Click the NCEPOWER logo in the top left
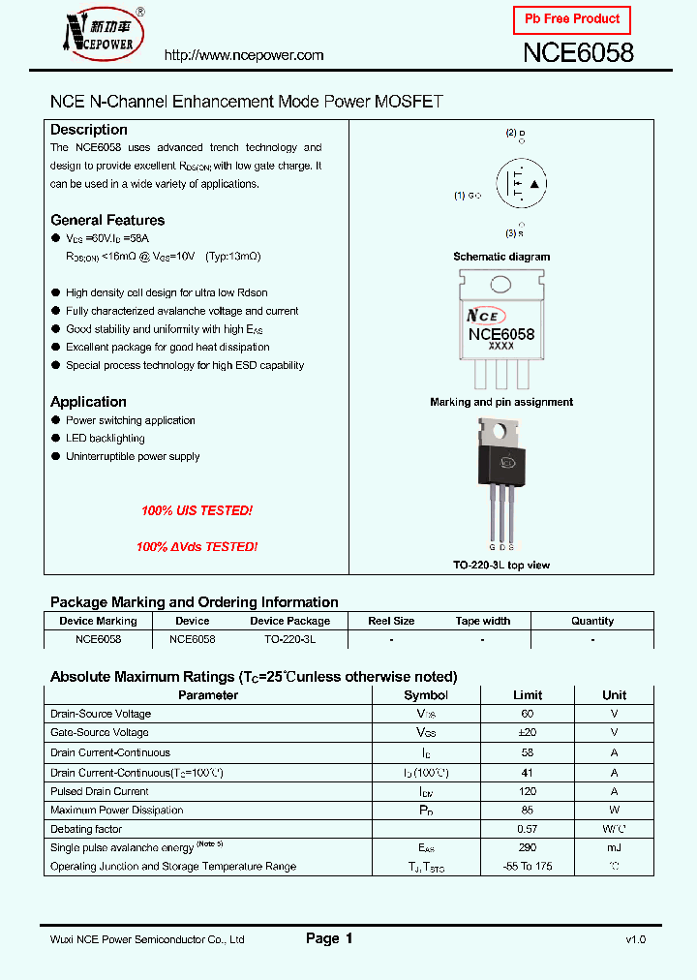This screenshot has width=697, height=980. (x=101, y=34)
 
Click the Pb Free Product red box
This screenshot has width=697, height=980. (x=571, y=19)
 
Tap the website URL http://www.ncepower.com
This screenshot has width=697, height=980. (x=244, y=55)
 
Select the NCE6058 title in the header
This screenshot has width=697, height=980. (x=578, y=52)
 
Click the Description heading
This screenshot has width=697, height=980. (x=89, y=130)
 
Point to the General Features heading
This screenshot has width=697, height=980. (x=107, y=220)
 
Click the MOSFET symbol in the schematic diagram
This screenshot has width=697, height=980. (x=521, y=183)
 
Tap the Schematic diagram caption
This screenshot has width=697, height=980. (x=501, y=257)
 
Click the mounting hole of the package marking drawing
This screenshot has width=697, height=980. (x=500, y=285)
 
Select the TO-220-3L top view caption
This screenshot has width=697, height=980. (x=501, y=565)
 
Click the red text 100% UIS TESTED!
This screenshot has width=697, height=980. (x=197, y=510)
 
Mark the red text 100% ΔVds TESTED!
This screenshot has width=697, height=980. (x=197, y=547)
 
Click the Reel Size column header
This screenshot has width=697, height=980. (x=391, y=621)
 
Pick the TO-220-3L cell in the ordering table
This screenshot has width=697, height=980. (x=289, y=640)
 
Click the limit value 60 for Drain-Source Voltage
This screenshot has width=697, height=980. (x=528, y=714)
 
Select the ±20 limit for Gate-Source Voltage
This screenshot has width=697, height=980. (x=528, y=733)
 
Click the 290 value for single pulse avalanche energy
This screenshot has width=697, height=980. (x=528, y=847)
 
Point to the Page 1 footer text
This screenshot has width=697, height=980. (x=329, y=938)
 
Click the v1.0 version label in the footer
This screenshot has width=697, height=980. (x=635, y=939)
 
